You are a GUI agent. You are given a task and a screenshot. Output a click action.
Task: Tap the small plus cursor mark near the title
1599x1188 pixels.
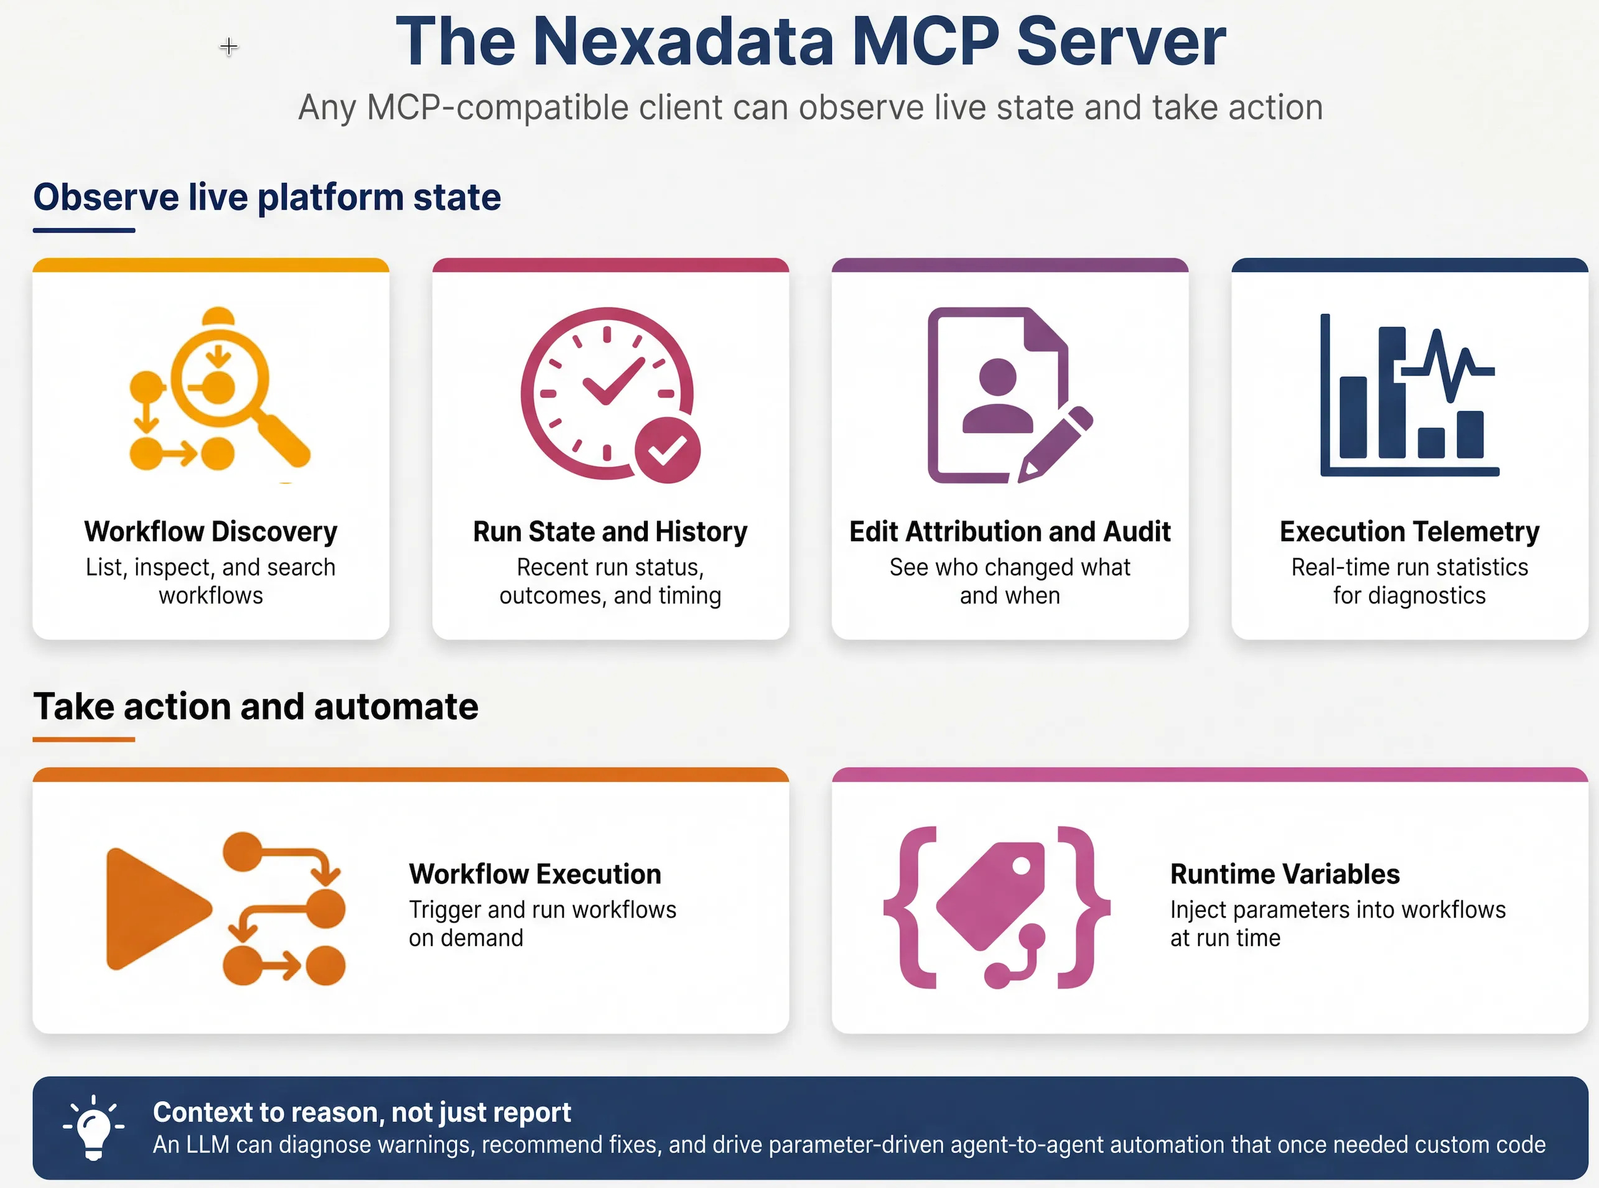(x=229, y=47)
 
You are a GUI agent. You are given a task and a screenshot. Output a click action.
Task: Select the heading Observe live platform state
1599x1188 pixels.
(x=267, y=198)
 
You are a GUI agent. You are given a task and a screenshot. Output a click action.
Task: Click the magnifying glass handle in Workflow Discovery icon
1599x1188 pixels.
(x=282, y=439)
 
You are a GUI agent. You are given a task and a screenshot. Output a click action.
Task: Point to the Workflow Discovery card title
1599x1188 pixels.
(x=211, y=531)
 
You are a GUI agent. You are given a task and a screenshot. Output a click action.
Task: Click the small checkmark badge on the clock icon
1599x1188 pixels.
(x=667, y=450)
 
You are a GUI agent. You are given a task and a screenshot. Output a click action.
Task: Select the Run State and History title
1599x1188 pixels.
(x=610, y=531)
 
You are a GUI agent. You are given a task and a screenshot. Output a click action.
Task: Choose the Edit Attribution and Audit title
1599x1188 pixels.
(x=1010, y=531)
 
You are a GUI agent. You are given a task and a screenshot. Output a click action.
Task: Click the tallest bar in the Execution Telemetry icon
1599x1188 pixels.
(x=1392, y=392)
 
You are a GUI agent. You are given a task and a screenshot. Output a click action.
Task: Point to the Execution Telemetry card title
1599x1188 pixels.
(x=1409, y=531)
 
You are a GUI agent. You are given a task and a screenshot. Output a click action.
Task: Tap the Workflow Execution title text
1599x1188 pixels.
(x=535, y=875)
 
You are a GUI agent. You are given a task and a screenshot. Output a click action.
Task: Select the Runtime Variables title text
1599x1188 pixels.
(x=1285, y=875)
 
